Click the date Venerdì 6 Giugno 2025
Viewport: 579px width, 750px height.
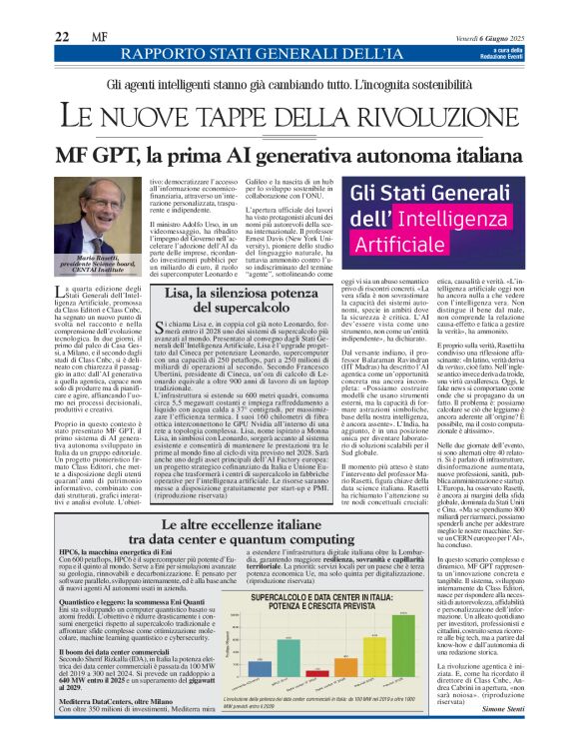(489, 35)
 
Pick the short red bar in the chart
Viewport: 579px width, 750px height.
(317, 673)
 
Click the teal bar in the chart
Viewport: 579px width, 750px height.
(289, 658)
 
